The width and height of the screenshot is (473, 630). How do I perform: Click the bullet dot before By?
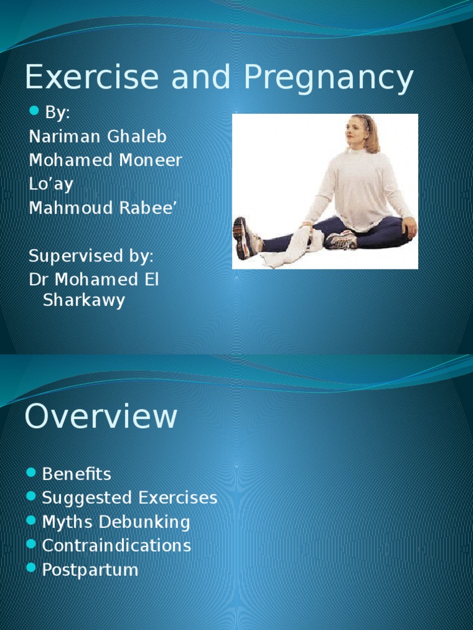34,111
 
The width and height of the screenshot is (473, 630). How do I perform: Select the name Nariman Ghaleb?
97,136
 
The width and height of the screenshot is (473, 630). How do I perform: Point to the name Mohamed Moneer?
105,160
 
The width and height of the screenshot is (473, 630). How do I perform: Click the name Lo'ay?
51,184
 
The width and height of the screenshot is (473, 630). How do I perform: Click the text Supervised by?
91,255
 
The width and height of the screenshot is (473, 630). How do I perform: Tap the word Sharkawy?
84,300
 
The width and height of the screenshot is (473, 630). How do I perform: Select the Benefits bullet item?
76,474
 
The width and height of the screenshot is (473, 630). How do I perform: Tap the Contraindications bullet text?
116,545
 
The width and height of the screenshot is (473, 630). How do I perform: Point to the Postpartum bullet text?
90,569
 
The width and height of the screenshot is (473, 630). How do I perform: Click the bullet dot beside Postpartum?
32,568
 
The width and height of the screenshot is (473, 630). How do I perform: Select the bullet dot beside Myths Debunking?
32,521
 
